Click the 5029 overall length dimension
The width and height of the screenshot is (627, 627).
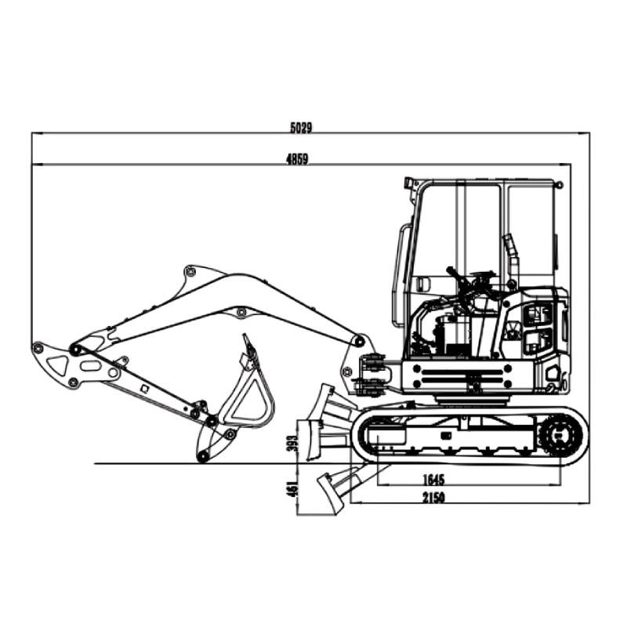pyautogui.click(x=301, y=127)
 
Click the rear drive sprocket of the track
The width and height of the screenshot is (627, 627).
pyautogui.click(x=560, y=433)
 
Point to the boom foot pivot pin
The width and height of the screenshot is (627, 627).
pyautogui.click(x=359, y=342)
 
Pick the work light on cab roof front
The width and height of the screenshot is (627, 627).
pyautogui.click(x=408, y=183)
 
